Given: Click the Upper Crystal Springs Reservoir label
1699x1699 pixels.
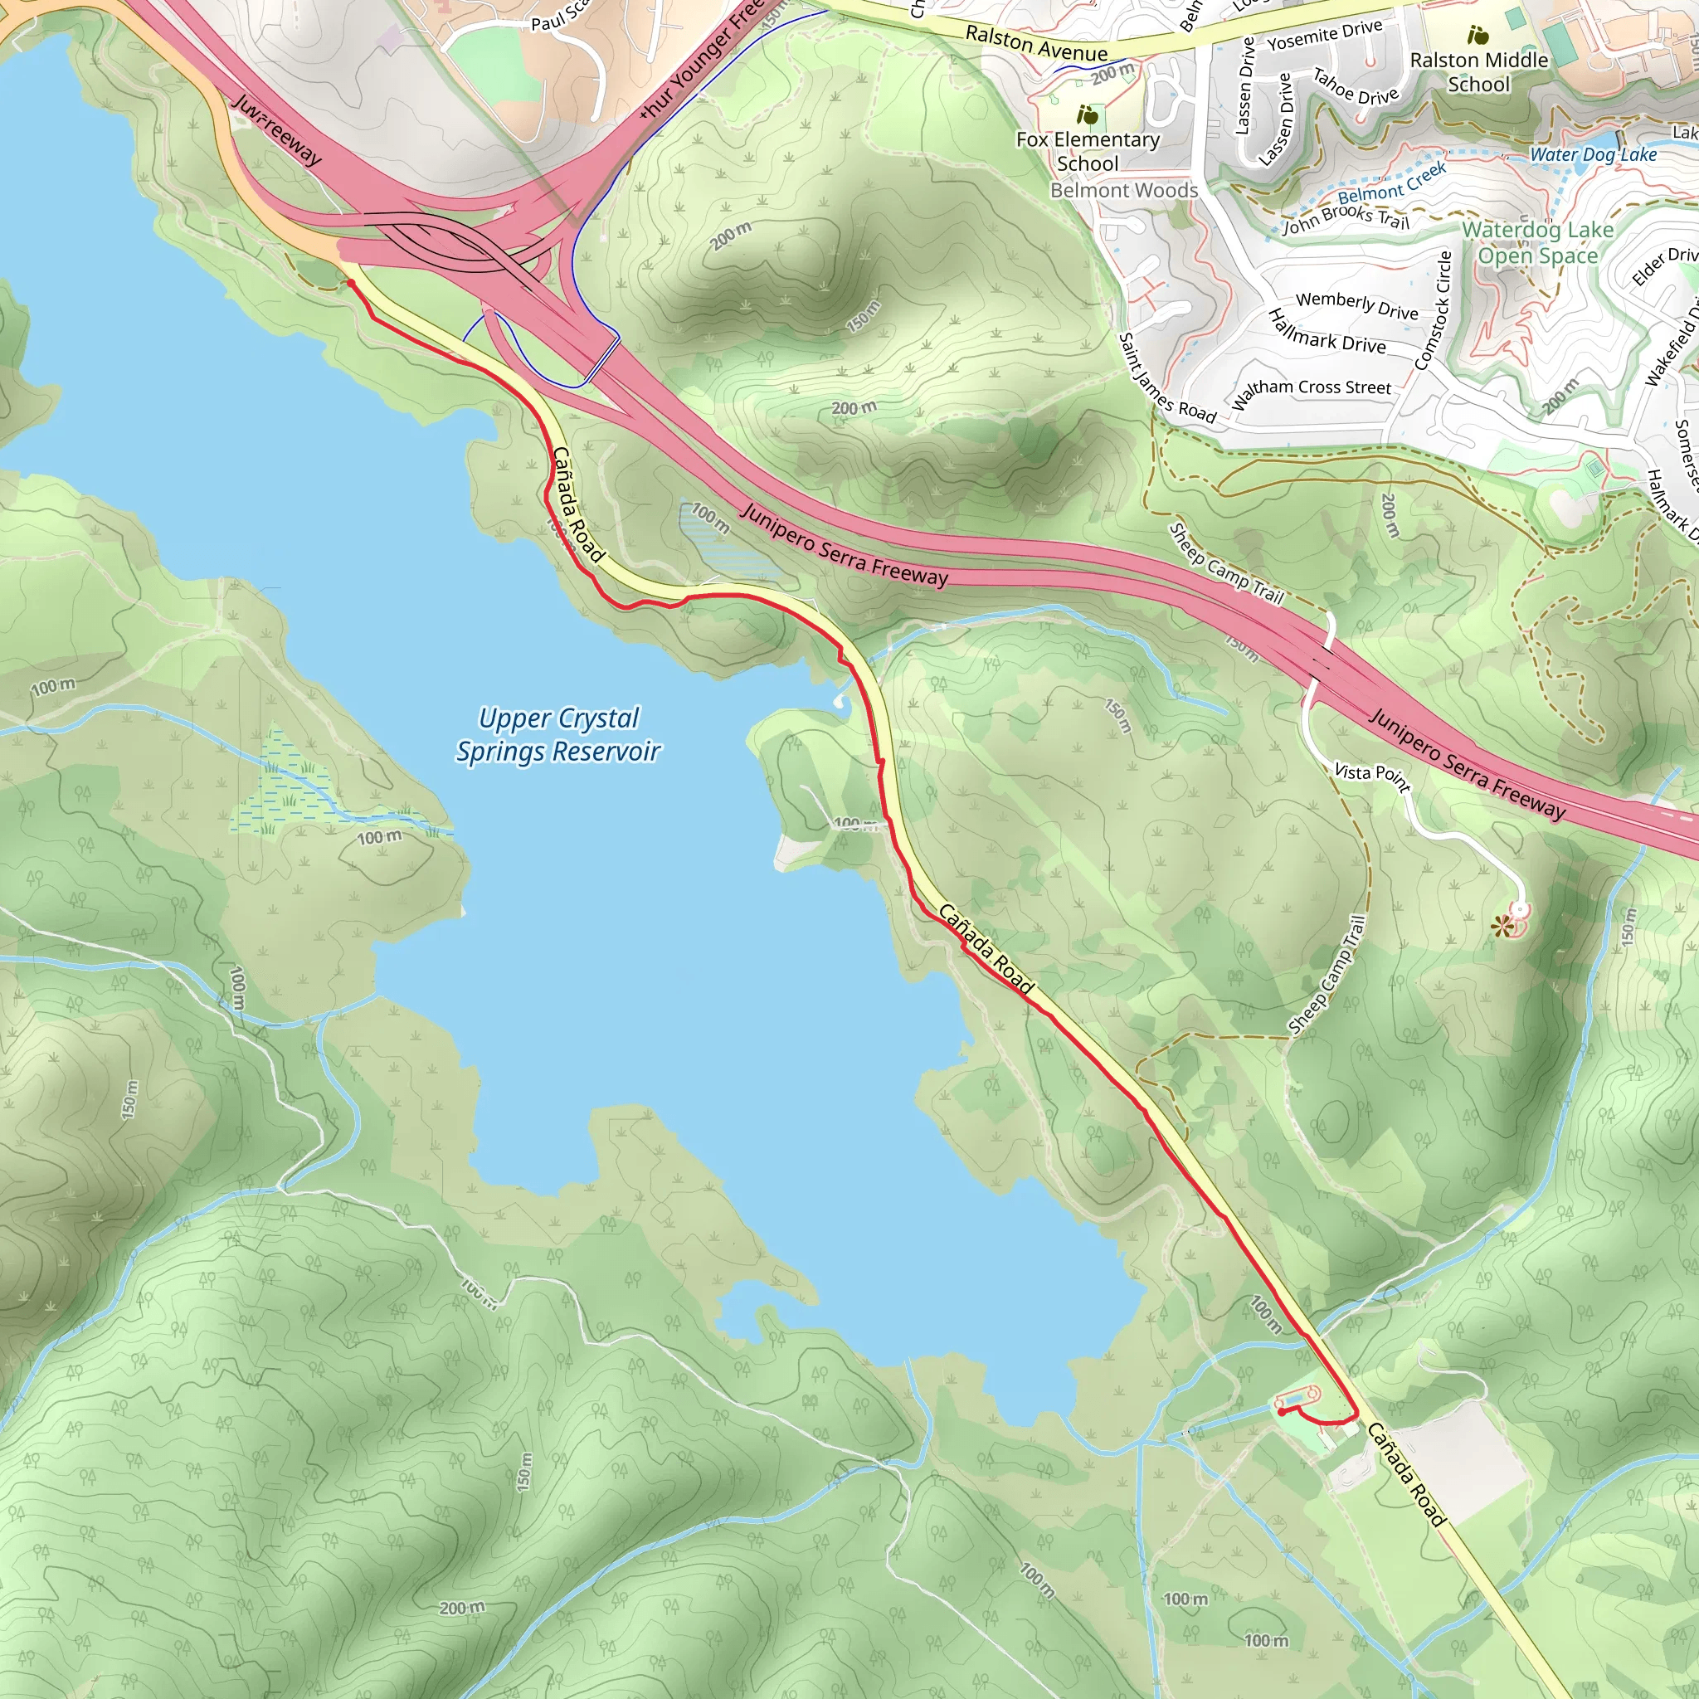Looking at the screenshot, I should (x=558, y=735).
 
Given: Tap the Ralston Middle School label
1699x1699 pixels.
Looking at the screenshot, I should (x=1478, y=72).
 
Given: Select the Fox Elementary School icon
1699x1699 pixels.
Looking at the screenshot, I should (x=1088, y=114).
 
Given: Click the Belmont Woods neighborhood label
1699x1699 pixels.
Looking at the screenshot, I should (x=1124, y=191).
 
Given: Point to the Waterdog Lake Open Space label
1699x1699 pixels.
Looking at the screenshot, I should (x=1537, y=243).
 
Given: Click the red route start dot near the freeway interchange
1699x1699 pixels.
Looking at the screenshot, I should (x=350, y=282).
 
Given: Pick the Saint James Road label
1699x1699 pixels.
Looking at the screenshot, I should (x=1166, y=378).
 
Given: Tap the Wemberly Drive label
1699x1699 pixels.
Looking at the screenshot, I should (x=1356, y=305).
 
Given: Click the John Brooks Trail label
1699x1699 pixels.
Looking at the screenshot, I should (x=1346, y=217).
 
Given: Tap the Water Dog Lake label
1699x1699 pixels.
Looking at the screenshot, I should (x=1593, y=155).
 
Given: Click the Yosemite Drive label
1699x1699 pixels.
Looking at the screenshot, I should (x=1324, y=35).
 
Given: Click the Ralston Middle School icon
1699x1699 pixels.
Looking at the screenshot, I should (x=1478, y=35).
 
